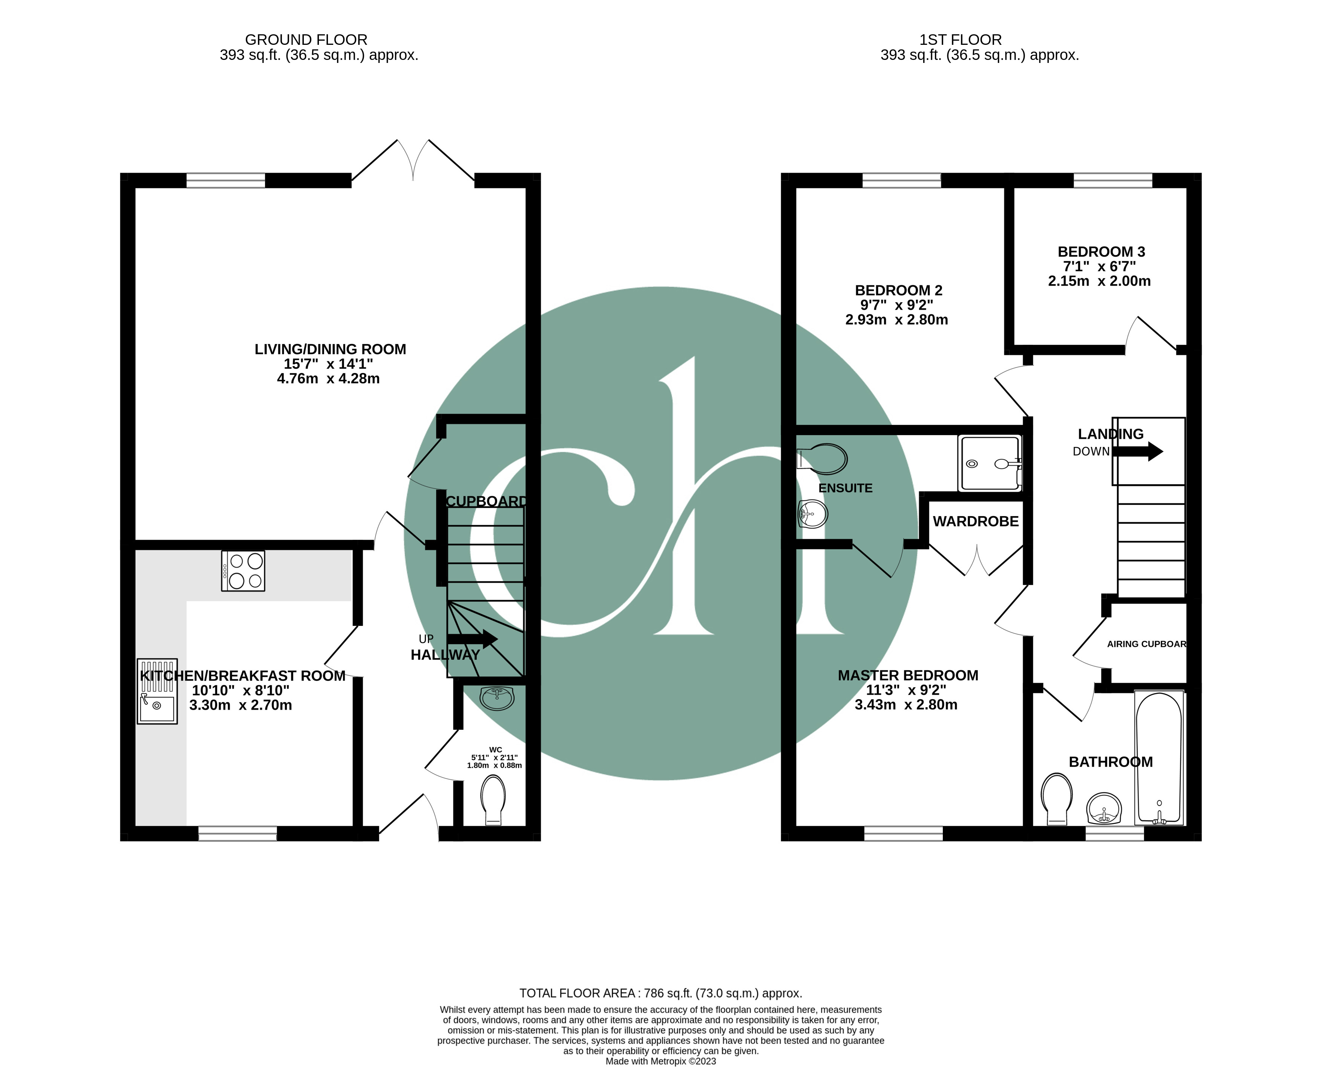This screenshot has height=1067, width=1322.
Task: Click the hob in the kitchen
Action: (x=243, y=570)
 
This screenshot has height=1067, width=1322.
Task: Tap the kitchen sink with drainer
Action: (x=157, y=691)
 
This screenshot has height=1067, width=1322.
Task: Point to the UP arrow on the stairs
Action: (x=472, y=639)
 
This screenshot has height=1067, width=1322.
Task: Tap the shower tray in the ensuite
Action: (x=990, y=463)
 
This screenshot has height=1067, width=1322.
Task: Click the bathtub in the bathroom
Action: (x=1159, y=757)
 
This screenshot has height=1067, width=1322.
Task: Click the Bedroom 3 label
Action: (x=1101, y=251)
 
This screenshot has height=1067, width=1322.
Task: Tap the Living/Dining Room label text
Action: (x=330, y=349)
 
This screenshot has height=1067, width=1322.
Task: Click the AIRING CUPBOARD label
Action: (x=1146, y=644)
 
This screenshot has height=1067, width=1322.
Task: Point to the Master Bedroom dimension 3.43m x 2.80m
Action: (x=906, y=705)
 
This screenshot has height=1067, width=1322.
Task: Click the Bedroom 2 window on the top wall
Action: (x=901, y=180)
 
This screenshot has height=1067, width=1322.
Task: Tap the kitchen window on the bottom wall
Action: (x=237, y=833)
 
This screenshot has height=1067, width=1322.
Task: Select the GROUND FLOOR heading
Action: (x=306, y=39)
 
